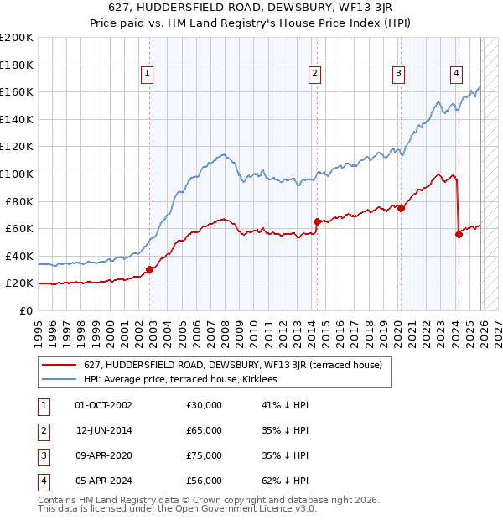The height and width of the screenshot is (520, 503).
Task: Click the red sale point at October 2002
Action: click(150, 269)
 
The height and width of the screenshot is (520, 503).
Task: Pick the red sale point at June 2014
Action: click(317, 221)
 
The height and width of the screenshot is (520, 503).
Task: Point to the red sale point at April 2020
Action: click(401, 208)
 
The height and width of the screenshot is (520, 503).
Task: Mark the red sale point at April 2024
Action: click(459, 234)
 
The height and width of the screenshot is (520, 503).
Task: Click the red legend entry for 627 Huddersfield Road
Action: click(232, 365)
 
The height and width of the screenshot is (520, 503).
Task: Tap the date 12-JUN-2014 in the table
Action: click(104, 430)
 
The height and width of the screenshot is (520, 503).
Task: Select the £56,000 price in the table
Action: click(204, 481)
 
